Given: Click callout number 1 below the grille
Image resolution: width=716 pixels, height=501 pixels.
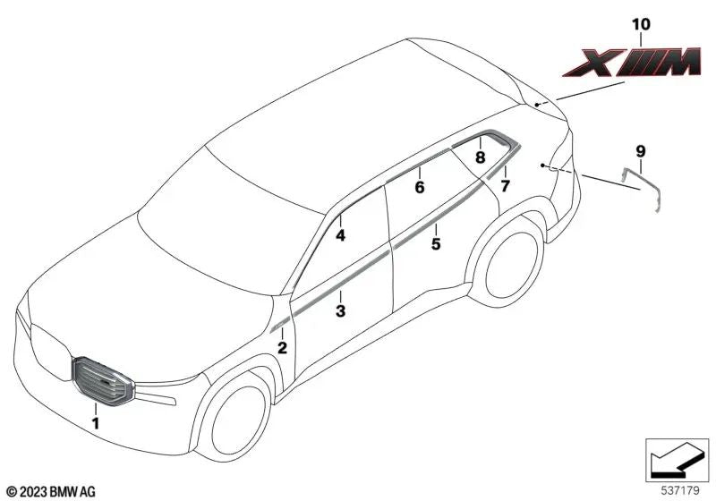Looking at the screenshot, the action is [x=96, y=423].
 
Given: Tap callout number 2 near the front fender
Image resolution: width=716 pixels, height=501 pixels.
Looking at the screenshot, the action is [x=282, y=348].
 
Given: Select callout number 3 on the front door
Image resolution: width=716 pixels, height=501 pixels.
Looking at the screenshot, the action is [x=341, y=311].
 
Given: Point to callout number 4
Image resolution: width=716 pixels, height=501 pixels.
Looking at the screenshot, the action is [x=340, y=235].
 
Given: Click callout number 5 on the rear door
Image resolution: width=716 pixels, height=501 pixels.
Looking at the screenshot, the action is [x=436, y=244].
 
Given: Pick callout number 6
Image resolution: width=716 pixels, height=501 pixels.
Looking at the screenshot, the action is [x=420, y=187].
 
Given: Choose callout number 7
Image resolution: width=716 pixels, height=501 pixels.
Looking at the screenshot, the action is [x=505, y=186].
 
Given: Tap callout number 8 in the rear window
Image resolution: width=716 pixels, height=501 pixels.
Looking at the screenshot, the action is [x=480, y=157].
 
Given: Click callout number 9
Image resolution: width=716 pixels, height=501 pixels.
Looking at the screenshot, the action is [x=640, y=151].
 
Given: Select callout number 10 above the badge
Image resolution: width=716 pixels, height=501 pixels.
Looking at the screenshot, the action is [x=641, y=24].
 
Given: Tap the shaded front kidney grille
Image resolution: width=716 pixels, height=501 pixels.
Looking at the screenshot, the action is [x=102, y=381].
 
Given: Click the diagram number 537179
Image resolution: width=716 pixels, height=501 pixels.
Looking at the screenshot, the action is [x=680, y=491].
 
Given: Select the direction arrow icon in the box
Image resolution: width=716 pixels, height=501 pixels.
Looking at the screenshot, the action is [x=677, y=460].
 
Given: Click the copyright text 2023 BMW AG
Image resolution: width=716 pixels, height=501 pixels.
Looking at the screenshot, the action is [x=51, y=492].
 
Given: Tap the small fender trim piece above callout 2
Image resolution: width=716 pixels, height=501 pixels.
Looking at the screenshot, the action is [x=280, y=325].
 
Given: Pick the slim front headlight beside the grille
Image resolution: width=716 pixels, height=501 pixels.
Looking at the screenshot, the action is [x=156, y=395].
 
